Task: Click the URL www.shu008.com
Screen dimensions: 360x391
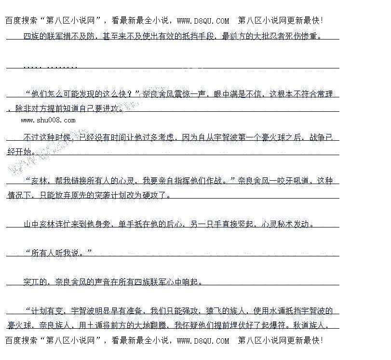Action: [48, 120]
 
